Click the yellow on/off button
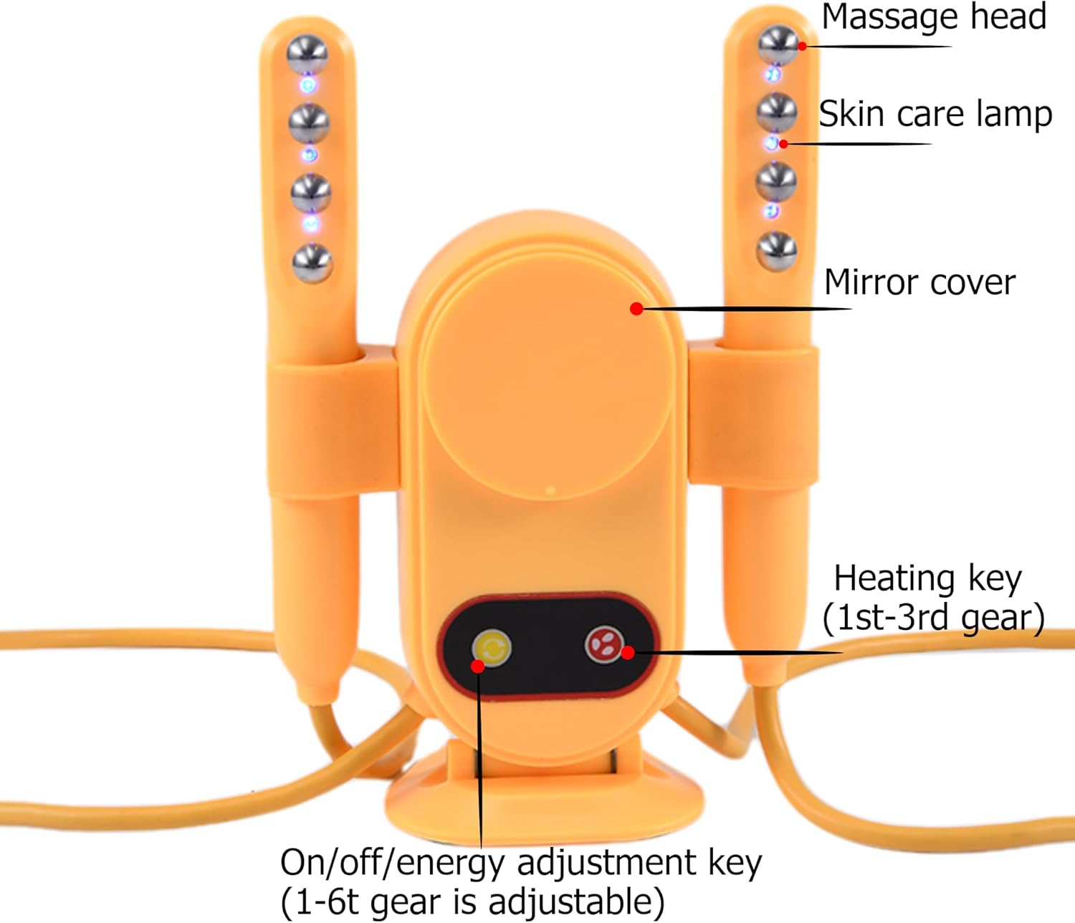[x=492, y=648]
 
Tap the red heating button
[x=603, y=644]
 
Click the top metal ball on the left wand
[x=307, y=54]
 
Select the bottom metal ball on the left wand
[x=312, y=262]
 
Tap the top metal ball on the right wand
[x=778, y=44]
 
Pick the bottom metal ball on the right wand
[x=777, y=252]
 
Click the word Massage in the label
[x=884, y=17]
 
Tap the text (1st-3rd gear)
[x=933, y=617]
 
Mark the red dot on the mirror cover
[x=636, y=309]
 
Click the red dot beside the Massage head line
[x=803, y=47]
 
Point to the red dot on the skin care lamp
[x=784, y=144]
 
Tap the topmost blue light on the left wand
[x=308, y=85]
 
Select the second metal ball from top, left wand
[x=309, y=124]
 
